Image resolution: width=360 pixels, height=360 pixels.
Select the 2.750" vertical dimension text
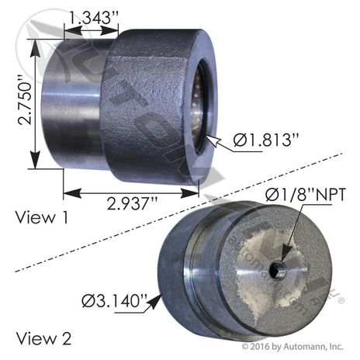(16, 101)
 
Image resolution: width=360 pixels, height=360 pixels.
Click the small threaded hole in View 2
(276, 270)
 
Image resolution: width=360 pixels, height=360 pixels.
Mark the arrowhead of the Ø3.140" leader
(161, 296)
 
